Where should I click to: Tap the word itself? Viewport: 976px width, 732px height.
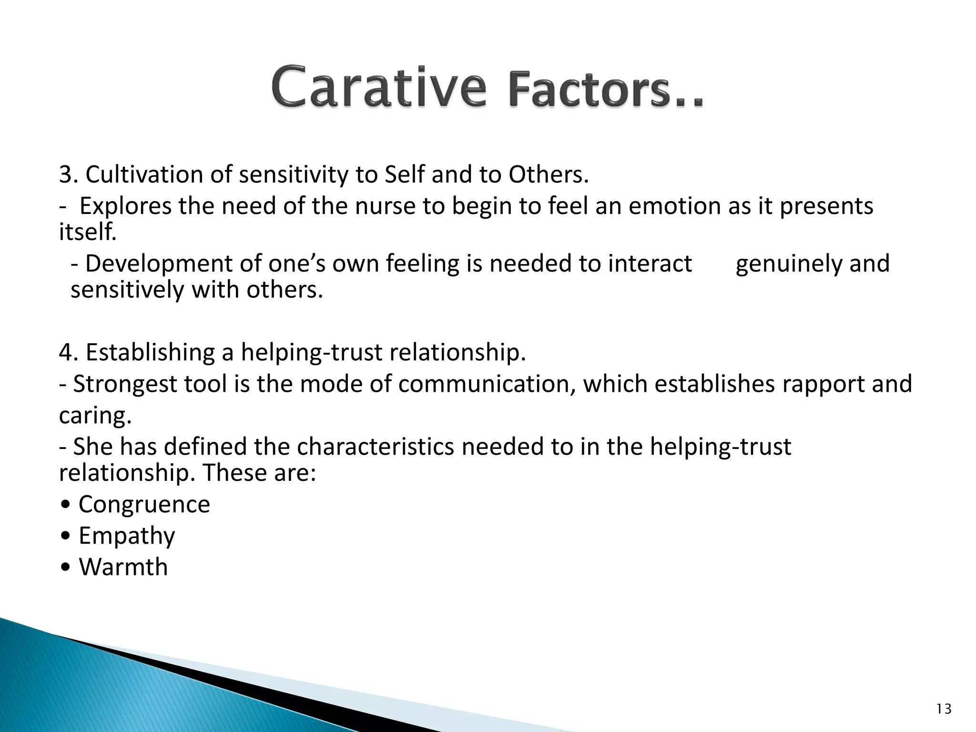click(87, 233)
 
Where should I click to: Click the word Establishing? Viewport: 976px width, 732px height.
click(150, 353)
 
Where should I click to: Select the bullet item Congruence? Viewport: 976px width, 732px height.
click(144, 505)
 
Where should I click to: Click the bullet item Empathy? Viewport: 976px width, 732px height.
click(127, 536)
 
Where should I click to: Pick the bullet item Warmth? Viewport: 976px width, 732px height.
click(123, 568)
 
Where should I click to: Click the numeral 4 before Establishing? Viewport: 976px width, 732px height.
click(65, 353)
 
